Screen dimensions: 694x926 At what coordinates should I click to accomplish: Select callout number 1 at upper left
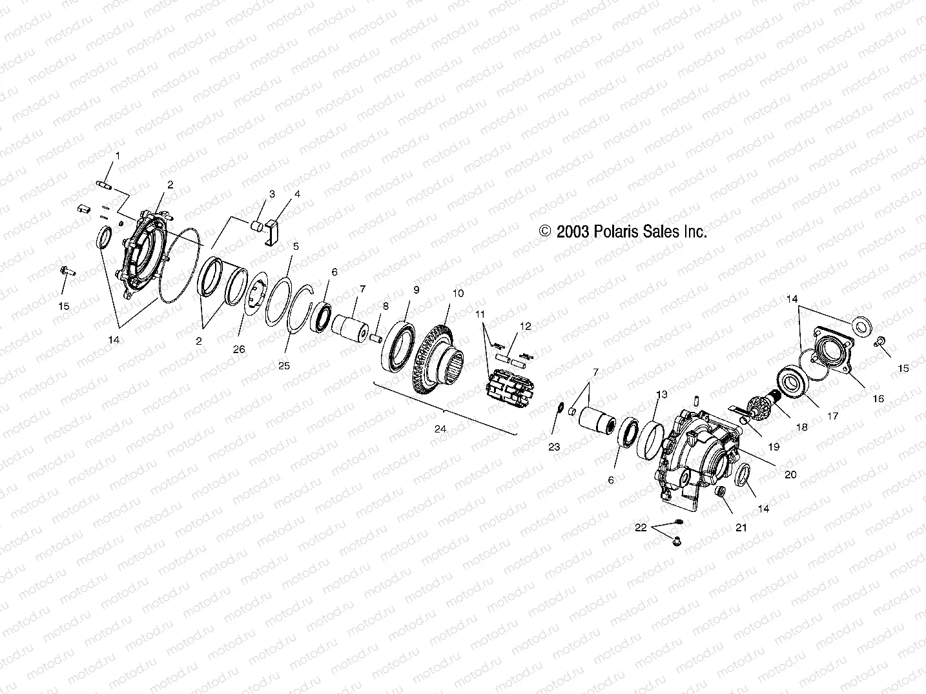[x=118, y=156]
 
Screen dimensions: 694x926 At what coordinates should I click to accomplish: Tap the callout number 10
[x=457, y=293]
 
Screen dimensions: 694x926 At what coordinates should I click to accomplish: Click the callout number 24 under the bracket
[x=441, y=428]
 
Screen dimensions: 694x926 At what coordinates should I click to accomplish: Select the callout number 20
[x=790, y=475]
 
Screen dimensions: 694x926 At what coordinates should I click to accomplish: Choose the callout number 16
[x=878, y=399]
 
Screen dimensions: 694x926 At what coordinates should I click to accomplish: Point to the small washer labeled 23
[x=561, y=408]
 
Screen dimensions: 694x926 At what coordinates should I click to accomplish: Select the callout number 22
[x=640, y=527]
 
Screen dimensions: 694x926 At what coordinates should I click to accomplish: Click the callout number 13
[x=661, y=394]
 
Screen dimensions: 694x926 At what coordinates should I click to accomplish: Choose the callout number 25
[x=283, y=365]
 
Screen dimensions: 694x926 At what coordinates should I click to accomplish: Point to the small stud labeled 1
[x=106, y=187]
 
